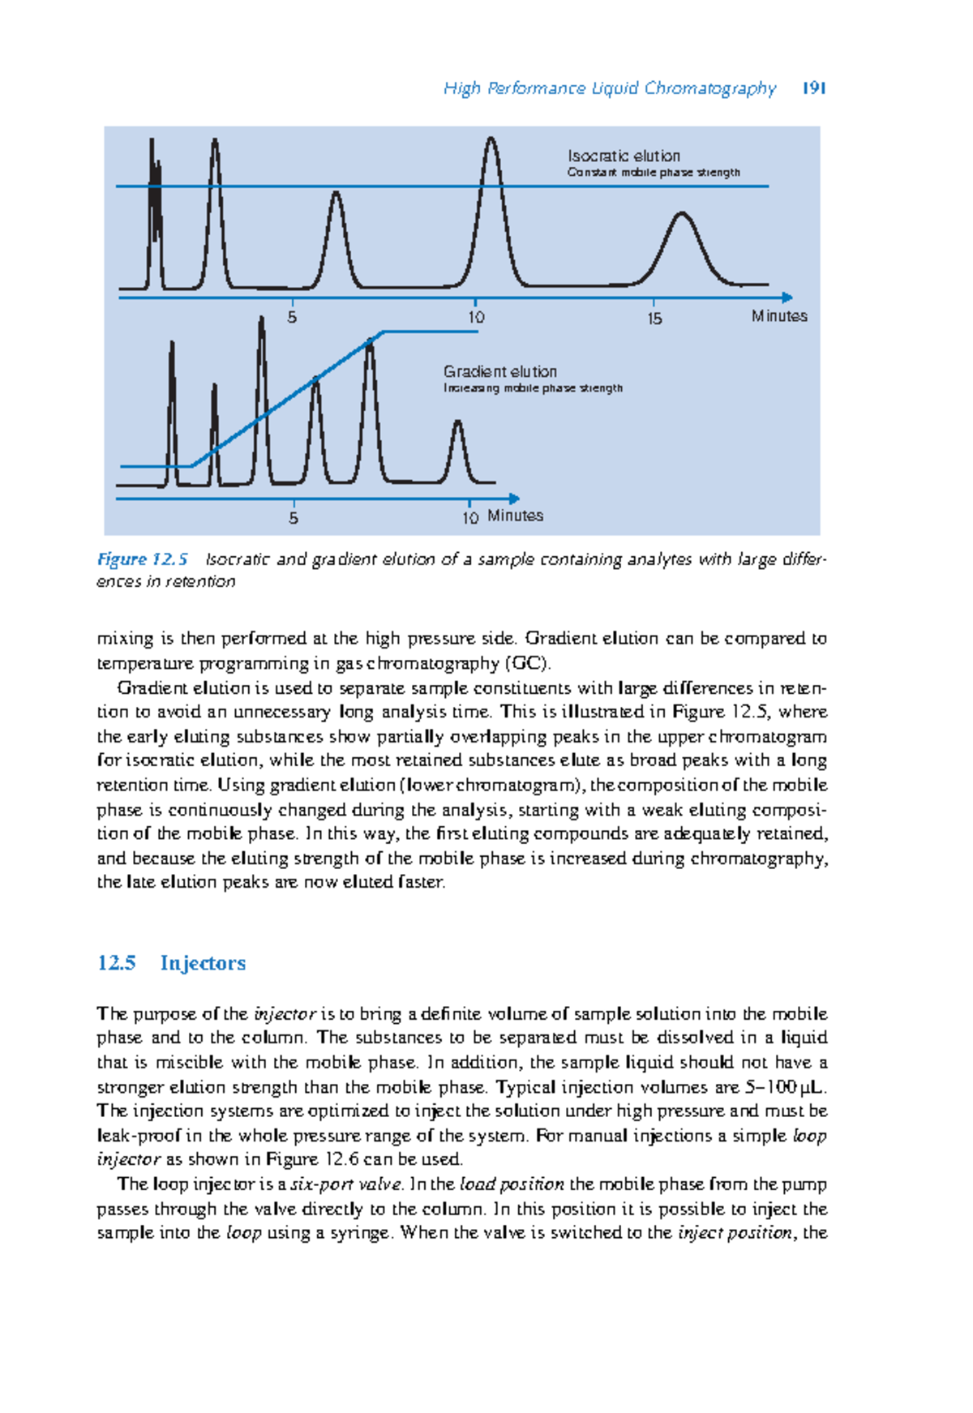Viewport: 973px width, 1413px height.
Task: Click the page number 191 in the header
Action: click(813, 88)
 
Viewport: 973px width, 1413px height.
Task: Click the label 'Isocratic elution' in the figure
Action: click(624, 156)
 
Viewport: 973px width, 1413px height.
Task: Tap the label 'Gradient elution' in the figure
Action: click(499, 371)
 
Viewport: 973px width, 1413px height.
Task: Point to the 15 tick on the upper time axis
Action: click(654, 319)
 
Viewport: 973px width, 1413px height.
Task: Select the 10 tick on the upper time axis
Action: click(476, 318)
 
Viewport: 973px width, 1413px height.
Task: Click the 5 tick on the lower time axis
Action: click(294, 517)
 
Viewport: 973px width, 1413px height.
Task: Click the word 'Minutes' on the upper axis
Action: click(778, 316)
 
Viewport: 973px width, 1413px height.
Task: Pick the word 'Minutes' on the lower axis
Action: click(515, 516)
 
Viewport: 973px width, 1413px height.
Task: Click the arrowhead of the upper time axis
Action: click(787, 298)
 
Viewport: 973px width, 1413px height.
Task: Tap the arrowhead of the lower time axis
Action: click(513, 499)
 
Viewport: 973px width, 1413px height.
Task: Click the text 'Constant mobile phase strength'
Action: click(653, 173)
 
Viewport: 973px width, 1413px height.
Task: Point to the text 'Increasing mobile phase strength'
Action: click(533, 388)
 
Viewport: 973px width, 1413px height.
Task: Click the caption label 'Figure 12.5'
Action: click(143, 559)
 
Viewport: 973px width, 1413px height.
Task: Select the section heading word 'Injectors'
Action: click(203, 963)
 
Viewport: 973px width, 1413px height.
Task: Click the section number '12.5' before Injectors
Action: click(116, 963)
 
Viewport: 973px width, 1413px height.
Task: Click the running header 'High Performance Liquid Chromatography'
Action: click(610, 88)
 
